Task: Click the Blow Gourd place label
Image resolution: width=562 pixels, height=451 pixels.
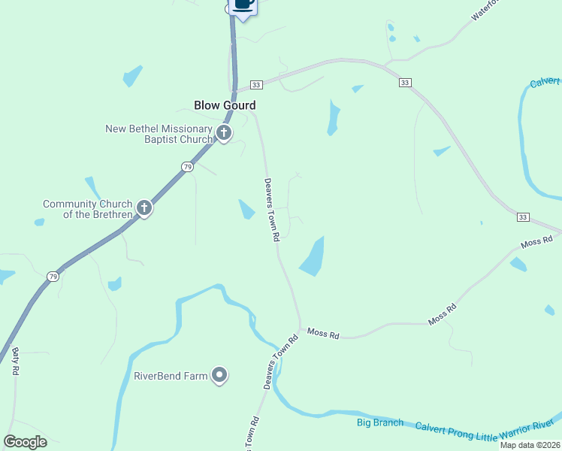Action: (x=225, y=106)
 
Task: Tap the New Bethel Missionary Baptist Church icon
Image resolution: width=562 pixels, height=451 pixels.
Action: (x=223, y=134)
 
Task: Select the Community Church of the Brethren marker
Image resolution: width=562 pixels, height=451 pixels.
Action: (x=144, y=208)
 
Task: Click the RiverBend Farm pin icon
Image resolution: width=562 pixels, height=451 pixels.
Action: (x=219, y=375)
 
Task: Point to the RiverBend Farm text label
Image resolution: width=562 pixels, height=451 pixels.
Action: (x=170, y=376)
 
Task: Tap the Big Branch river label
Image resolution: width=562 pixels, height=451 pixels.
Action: (x=379, y=423)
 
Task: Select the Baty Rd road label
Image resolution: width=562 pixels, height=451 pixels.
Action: (x=14, y=360)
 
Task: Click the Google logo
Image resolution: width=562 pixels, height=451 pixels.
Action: (x=26, y=441)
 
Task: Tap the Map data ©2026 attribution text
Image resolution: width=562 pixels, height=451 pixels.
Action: (x=530, y=445)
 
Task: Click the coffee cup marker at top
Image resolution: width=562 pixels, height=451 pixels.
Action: (x=243, y=5)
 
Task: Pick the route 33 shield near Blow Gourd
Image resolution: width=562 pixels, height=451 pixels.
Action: (x=256, y=85)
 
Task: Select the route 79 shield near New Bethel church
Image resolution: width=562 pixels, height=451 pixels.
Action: (x=188, y=167)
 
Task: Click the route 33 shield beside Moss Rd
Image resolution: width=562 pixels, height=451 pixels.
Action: (x=523, y=217)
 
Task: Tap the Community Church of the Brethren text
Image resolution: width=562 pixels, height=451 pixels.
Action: (x=88, y=209)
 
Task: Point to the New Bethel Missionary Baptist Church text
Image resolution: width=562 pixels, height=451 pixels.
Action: (x=159, y=134)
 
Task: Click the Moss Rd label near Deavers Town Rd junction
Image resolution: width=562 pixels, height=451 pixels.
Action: (x=323, y=332)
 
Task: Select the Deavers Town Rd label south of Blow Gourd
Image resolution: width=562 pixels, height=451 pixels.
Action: (x=271, y=209)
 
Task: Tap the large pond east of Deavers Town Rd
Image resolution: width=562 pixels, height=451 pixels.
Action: (x=313, y=258)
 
